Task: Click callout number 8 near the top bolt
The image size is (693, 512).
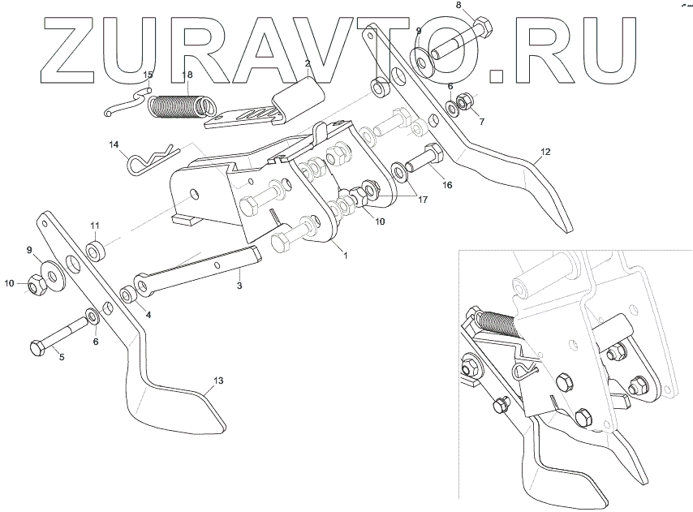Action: pos(458,5)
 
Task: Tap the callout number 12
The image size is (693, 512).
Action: pos(545,152)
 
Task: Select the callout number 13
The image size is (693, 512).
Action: pos(217,381)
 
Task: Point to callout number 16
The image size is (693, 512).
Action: pos(446,186)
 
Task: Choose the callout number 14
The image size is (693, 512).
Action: pos(114,144)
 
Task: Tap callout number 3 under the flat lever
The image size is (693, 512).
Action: pos(239,286)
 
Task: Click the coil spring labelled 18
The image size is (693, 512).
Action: pos(180,106)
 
